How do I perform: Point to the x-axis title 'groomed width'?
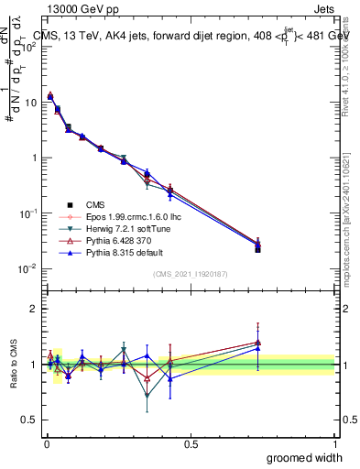(x=304, y=456)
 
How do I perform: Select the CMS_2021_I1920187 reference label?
(x=191, y=274)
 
